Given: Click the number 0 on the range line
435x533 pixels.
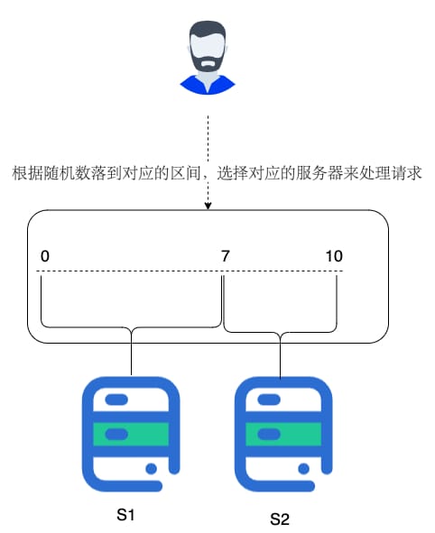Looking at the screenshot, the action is pos(45,256).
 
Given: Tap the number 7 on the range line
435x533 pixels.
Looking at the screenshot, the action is pos(225,256).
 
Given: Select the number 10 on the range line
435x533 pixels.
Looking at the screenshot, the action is pos(334,256).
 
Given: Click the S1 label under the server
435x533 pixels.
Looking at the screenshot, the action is pos(125,515).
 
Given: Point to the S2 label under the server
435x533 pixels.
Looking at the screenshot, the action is pos(280,519).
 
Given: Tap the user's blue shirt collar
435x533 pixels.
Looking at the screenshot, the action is pos(208,85).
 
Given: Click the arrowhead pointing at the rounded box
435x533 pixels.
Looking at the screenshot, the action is pos(208,206).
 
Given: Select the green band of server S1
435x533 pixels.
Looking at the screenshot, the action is pos(131,434).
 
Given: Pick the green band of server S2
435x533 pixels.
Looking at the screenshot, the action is pos(283,434).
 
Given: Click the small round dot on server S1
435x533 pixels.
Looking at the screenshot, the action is pos(151,469).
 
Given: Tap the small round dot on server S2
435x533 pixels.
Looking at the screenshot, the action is pos(303,469).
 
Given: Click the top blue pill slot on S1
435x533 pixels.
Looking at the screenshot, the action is pos(116,400).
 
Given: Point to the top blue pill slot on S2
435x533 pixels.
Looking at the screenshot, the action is pos(269,400).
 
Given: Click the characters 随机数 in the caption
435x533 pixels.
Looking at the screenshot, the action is pos(67,173).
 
